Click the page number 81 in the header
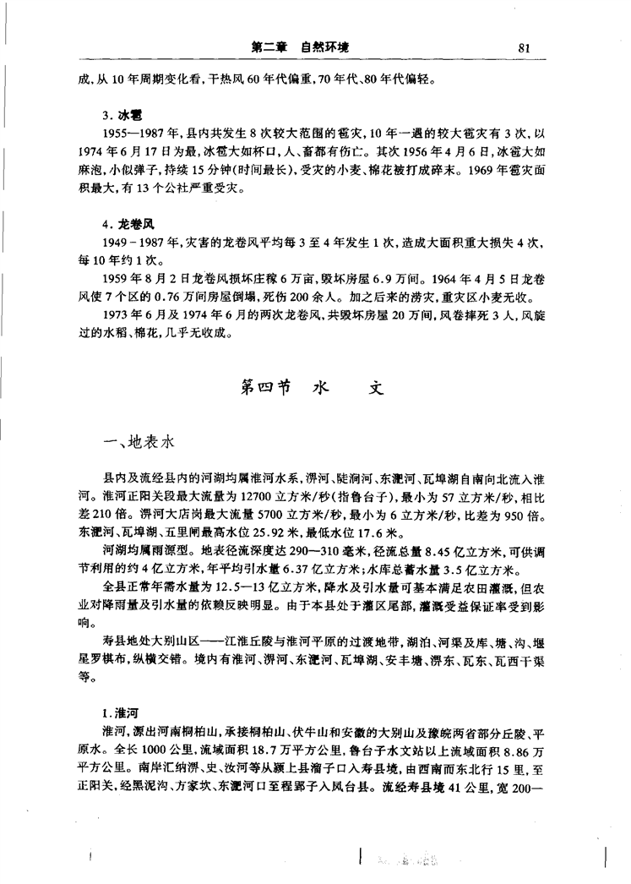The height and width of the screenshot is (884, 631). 523,47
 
